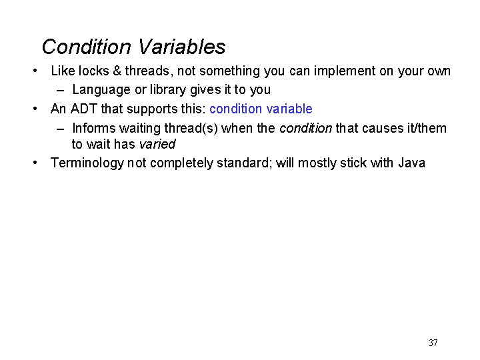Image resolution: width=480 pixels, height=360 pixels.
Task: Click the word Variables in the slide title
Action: (x=182, y=47)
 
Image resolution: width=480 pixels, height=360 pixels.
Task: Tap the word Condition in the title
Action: (x=86, y=47)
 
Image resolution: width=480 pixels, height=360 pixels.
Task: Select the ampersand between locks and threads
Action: (x=117, y=71)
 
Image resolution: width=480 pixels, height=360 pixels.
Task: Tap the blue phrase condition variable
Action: (x=261, y=109)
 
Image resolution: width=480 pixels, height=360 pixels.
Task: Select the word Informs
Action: (x=94, y=128)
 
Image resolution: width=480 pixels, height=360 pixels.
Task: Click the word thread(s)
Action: (x=191, y=129)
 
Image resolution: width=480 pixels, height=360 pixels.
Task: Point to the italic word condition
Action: (x=305, y=128)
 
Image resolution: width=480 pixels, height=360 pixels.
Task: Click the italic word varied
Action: (x=157, y=144)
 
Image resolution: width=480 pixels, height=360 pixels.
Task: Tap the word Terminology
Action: (x=87, y=163)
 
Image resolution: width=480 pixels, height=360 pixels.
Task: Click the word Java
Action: (x=412, y=163)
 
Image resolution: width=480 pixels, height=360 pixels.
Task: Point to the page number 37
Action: (x=433, y=343)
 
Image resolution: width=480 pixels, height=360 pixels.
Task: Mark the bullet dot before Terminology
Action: (x=35, y=163)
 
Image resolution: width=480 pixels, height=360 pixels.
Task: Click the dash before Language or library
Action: (x=60, y=91)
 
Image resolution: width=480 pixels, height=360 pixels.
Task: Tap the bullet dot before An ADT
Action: (x=35, y=109)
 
